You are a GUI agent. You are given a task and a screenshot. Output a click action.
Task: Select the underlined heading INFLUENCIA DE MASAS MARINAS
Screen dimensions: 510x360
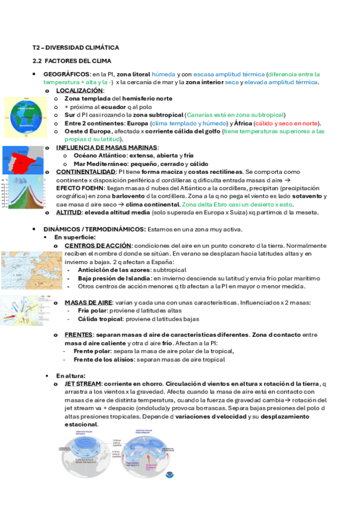tap(107, 147)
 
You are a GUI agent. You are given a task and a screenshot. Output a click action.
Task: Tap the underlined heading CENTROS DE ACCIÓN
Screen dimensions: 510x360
tap(97, 245)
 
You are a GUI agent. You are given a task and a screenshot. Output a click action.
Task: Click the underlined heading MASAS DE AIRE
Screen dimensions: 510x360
tap(87, 303)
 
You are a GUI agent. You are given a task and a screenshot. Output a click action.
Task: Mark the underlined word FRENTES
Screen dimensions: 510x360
tap(78, 334)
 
